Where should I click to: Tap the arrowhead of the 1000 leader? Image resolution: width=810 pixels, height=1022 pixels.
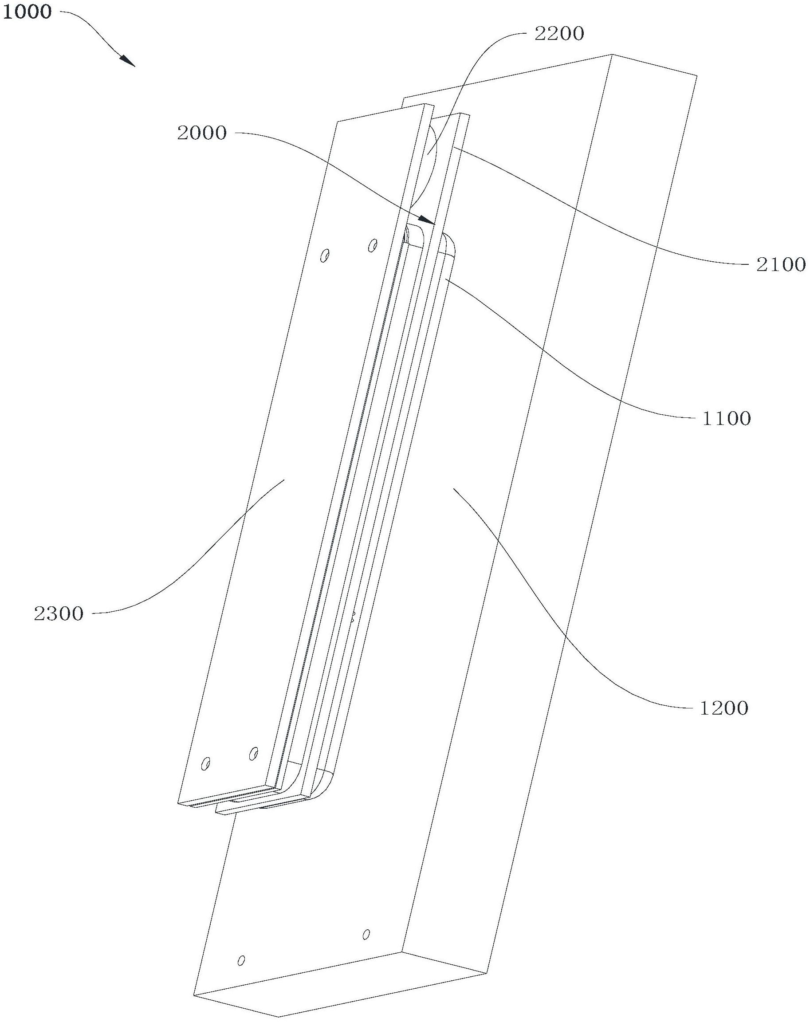click(x=129, y=61)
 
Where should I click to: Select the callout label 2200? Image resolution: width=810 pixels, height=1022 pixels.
click(x=559, y=34)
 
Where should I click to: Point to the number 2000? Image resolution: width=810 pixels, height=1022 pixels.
click(x=202, y=133)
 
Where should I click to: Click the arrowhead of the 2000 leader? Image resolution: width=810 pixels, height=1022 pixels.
click(x=429, y=220)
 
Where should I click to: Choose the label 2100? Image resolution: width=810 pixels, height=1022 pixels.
click(x=780, y=264)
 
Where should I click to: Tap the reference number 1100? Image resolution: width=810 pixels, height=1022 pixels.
click(x=726, y=419)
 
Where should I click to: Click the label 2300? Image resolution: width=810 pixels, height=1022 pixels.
click(x=59, y=614)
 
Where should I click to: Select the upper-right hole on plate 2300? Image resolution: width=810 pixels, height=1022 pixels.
click(x=373, y=245)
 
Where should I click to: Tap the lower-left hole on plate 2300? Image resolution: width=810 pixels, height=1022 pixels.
click(x=206, y=764)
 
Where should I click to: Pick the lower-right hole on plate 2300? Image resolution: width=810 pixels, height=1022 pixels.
click(x=254, y=753)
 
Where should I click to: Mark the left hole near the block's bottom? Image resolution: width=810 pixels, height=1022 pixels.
click(x=241, y=957)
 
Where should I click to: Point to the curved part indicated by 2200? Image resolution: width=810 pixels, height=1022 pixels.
click(x=429, y=161)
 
